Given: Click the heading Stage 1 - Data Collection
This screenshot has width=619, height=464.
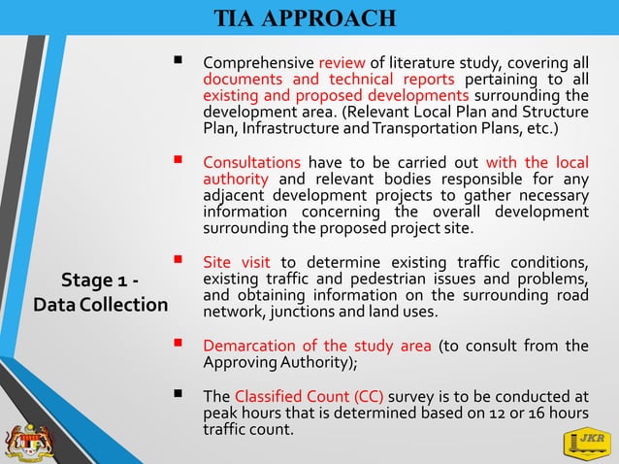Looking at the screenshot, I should click(x=100, y=292).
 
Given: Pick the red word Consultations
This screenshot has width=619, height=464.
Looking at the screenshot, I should click(x=251, y=162).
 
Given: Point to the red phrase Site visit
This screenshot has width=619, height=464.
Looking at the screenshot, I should click(x=238, y=262).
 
